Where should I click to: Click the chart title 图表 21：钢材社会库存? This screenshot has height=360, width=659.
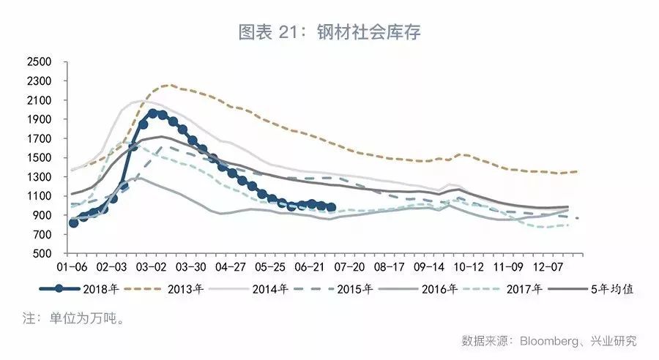tap(329, 32)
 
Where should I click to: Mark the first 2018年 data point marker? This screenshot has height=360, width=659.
tap(73, 222)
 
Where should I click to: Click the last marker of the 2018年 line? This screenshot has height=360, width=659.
tap(331, 208)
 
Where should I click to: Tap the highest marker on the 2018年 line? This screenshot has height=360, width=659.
tap(153, 113)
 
